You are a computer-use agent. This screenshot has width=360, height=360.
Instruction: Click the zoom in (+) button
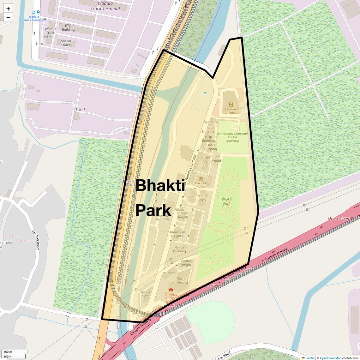tap(8, 9)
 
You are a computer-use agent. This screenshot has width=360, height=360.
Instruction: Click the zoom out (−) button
tap(8, 18)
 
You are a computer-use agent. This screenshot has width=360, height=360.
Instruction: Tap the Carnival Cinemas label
tap(231, 111)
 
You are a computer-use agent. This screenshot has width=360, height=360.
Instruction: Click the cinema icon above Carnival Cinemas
tap(231, 105)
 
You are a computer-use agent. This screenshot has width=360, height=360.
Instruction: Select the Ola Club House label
tap(201, 185)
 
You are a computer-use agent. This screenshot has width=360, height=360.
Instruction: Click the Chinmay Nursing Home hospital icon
tap(171, 290)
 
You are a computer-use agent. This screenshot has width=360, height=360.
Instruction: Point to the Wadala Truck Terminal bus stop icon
tap(36, 12)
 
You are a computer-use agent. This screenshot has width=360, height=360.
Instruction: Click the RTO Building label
tap(68, 28)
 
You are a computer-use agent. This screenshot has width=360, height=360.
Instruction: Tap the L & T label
tap(81, 110)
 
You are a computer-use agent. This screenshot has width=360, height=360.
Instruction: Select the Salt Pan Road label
tap(36, 239)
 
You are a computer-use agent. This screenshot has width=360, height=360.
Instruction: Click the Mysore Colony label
tap(339, 219)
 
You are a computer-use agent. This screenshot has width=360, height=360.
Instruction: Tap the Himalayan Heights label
tap(177, 234)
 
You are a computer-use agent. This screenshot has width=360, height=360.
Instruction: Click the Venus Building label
tap(179, 249)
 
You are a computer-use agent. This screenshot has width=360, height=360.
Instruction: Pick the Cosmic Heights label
tap(183, 280)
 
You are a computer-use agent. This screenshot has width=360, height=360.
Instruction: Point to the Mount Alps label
tap(202, 198)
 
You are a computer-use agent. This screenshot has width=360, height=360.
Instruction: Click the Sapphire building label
tap(211, 122)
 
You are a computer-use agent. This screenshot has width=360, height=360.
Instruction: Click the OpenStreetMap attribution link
tap(330, 358)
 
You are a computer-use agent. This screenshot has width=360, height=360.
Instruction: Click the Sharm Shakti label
tap(66, 43)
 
